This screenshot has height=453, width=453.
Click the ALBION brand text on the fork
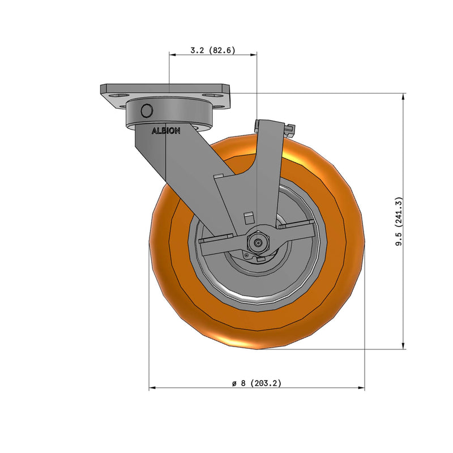(x=165, y=131)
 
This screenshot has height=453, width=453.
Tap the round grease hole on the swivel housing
(x=147, y=110)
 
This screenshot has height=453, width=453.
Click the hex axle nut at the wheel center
(x=258, y=243)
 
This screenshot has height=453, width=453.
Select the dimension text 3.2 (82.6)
(x=212, y=50)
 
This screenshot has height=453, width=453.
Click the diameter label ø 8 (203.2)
(x=257, y=383)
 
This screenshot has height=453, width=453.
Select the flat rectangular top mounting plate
(x=165, y=89)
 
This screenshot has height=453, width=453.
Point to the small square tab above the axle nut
(x=247, y=216)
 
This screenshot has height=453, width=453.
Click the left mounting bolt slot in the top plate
(x=117, y=95)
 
